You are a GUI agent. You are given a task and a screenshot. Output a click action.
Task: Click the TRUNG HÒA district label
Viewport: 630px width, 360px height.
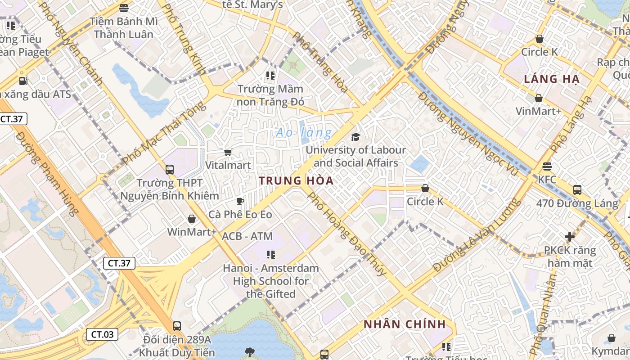pyautogui.click(x=296, y=181)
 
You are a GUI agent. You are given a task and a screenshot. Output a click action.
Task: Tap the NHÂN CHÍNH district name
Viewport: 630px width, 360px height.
pyautogui.click(x=405, y=324)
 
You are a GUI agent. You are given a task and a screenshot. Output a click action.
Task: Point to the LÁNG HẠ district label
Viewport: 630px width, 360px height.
pyautogui.click(x=551, y=79)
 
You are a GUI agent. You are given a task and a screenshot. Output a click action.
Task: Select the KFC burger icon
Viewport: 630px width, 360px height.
pyautogui.click(x=547, y=166)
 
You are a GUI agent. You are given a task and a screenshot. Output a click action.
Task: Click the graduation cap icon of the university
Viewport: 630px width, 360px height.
pyautogui.click(x=356, y=137)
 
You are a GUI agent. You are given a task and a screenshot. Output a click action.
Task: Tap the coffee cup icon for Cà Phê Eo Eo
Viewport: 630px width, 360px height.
pyautogui.click(x=240, y=201)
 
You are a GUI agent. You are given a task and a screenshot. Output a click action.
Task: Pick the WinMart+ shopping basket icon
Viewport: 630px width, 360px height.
pyautogui.click(x=192, y=219)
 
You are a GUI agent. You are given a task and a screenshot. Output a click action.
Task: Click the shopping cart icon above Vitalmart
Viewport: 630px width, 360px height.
pyautogui.click(x=228, y=152)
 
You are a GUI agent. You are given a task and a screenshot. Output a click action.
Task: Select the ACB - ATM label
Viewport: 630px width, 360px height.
pyautogui.click(x=247, y=236)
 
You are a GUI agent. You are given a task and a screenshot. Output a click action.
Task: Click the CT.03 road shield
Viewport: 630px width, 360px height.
pyautogui.click(x=102, y=334)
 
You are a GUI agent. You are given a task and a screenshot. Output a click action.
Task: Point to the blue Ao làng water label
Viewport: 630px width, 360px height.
pyautogui.click(x=304, y=133)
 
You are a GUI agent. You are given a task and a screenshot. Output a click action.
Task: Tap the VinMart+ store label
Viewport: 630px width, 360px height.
pyautogui.click(x=539, y=111)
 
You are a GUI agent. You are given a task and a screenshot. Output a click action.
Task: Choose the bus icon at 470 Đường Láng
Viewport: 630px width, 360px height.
pyautogui.click(x=577, y=190)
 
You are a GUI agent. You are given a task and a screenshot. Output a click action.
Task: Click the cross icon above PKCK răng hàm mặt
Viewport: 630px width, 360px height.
pyautogui.click(x=570, y=236)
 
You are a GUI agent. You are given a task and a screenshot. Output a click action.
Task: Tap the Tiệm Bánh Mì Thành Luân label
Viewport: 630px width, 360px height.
pyautogui.click(x=123, y=28)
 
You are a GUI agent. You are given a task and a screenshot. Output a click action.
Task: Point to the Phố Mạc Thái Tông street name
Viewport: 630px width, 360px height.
pyautogui.click(x=163, y=133)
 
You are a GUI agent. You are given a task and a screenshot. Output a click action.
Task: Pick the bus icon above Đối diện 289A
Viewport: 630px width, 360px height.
pyautogui.click(x=177, y=326)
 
